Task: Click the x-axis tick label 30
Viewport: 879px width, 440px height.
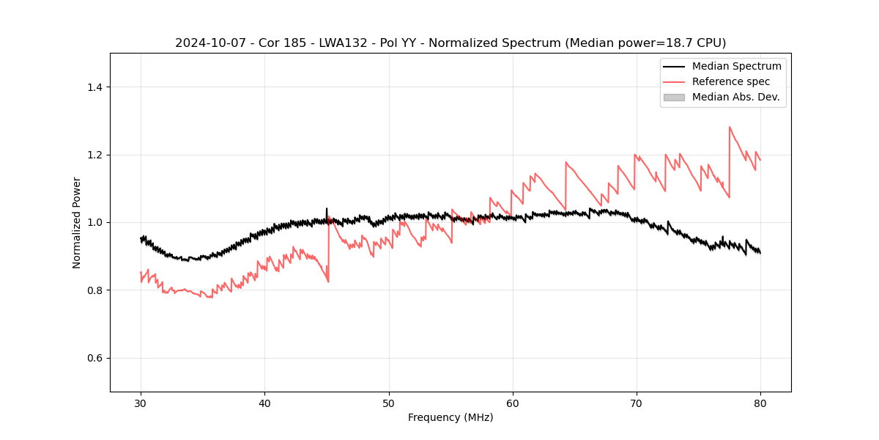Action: [141, 403]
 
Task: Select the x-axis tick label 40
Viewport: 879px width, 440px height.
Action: [264, 403]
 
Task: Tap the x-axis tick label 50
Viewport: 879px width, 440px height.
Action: [389, 403]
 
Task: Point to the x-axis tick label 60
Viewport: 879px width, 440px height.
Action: [513, 403]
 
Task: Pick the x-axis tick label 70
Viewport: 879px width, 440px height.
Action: [637, 403]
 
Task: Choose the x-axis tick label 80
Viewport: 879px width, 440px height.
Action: [760, 403]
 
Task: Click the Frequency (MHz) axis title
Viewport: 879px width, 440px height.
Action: [450, 417]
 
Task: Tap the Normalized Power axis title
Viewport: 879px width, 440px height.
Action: [77, 222]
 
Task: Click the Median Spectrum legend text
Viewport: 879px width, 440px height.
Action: [736, 66]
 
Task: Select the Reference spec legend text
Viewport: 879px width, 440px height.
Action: [731, 81]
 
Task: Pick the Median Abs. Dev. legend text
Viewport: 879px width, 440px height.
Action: [736, 97]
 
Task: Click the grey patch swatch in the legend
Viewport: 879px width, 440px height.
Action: [674, 97]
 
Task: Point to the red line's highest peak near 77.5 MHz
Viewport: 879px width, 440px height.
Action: [730, 127]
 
